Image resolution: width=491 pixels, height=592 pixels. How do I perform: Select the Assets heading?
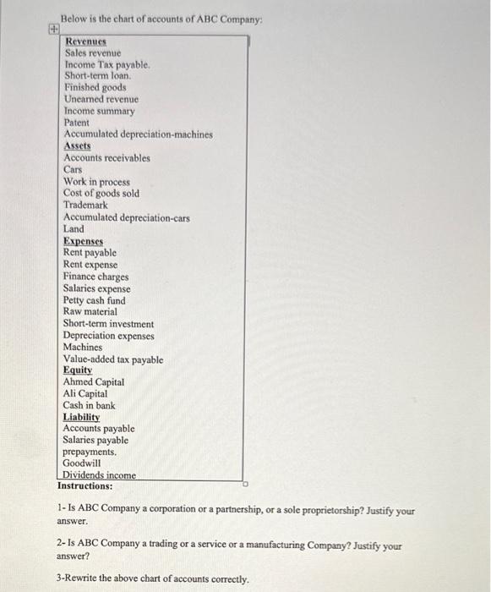coord(77,146)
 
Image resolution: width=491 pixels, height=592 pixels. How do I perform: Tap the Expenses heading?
coord(82,241)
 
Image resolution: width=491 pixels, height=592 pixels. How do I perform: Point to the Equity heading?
coord(77,370)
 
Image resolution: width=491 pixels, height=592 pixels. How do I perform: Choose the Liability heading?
coord(81,417)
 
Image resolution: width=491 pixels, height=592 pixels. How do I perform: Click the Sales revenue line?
coord(93,52)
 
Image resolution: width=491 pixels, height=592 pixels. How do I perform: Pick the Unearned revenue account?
coord(101,99)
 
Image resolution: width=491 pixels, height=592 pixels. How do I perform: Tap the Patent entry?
coord(76,123)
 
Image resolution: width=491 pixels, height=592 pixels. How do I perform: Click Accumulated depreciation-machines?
coord(138,134)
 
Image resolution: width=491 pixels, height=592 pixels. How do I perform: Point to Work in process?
coord(96,182)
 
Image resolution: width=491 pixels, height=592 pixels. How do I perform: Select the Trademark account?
coord(85,206)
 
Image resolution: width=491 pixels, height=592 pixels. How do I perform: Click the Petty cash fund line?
coord(94,300)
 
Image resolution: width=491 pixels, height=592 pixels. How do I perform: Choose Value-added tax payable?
coord(113,359)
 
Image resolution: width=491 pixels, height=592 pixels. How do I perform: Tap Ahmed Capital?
coord(93,382)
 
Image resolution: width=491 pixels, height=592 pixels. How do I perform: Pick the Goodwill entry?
coord(81,463)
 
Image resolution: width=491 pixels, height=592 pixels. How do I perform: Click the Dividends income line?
coord(99,475)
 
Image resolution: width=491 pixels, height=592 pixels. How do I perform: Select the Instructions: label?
coord(85,486)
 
